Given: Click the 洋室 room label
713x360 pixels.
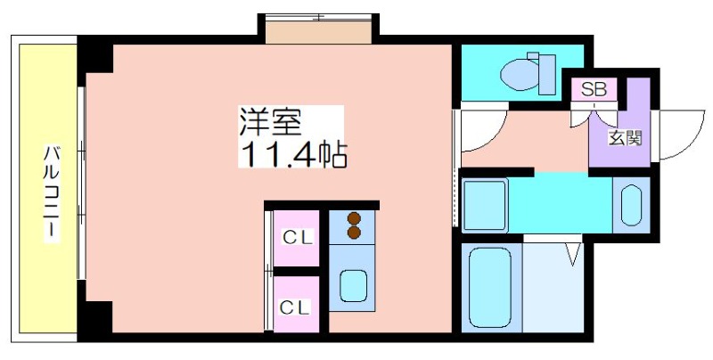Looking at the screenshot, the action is pyautogui.click(x=271, y=121).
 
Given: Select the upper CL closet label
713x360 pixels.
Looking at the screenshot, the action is pyautogui.click(x=298, y=237).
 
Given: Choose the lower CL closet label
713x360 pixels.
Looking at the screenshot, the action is pyautogui.click(x=295, y=307).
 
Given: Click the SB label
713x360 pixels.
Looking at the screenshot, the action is pyautogui.click(x=594, y=89).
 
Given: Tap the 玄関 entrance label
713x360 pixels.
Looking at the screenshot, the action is pyautogui.click(x=626, y=138).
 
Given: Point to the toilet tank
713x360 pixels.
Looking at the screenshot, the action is pyautogui.click(x=547, y=75).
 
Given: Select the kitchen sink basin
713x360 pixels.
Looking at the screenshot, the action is pyautogui.click(x=353, y=286).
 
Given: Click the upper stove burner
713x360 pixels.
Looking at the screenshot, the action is pyautogui.click(x=354, y=219).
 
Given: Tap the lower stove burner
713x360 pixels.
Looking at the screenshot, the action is pyautogui.click(x=354, y=233).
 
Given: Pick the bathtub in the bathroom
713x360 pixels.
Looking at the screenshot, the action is pyautogui.click(x=490, y=287).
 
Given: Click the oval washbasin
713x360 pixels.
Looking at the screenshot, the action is pyautogui.click(x=631, y=205).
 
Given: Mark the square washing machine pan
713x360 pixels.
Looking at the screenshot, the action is pyautogui.click(x=485, y=205).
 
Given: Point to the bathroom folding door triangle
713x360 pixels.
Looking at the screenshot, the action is pyautogui.click(x=573, y=254).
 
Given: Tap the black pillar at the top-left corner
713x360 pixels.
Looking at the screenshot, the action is pyautogui.click(x=95, y=55).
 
